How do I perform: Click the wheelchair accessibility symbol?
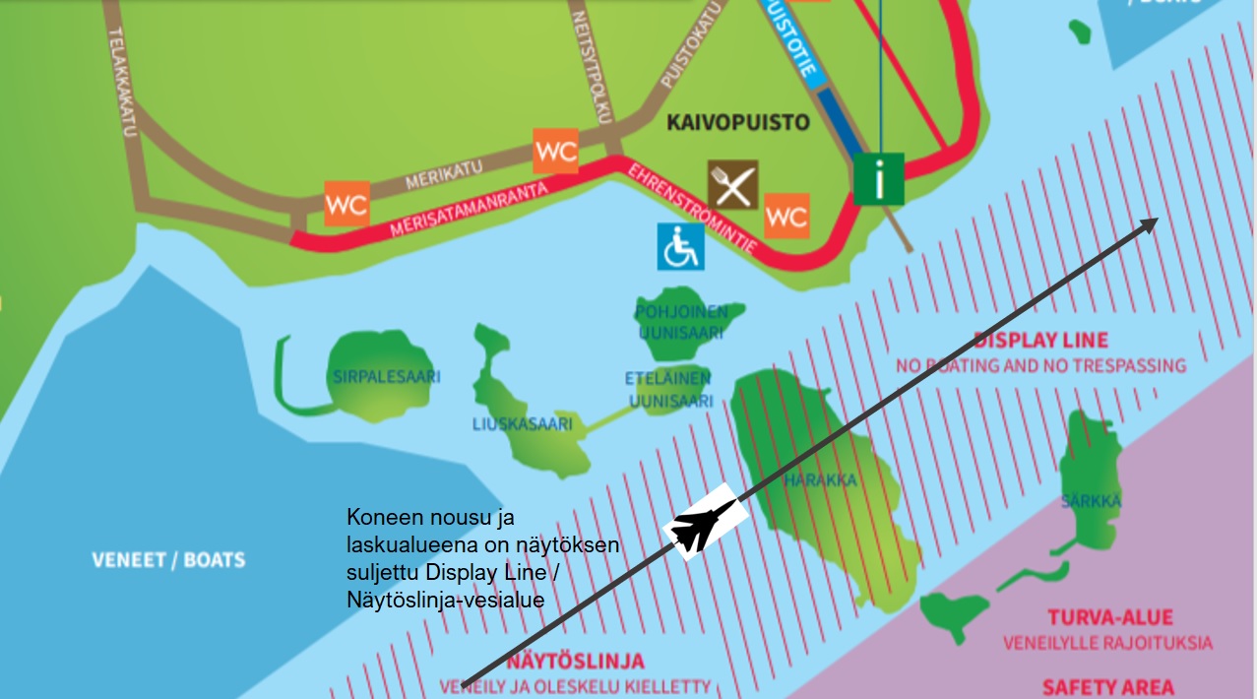[x=681, y=246]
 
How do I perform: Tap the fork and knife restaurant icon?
[x=733, y=185]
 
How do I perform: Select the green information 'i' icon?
[x=879, y=179]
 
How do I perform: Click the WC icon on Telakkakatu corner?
[x=346, y=205]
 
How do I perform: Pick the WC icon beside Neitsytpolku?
[x=555, y=152]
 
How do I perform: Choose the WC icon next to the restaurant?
[x=786, y=216]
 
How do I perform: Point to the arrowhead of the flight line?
[x=1150, y=223]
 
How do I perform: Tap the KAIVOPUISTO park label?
[x=737, y=123]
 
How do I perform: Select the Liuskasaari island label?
[x=522, y=424]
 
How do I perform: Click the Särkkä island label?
[x=1091, y=501]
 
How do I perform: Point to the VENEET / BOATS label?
[x=168, y=560]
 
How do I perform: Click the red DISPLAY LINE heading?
[x=1040, y=341]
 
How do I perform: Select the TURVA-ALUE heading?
[x=1109, y=618]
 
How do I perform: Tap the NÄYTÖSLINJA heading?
[x=576, y=662]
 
